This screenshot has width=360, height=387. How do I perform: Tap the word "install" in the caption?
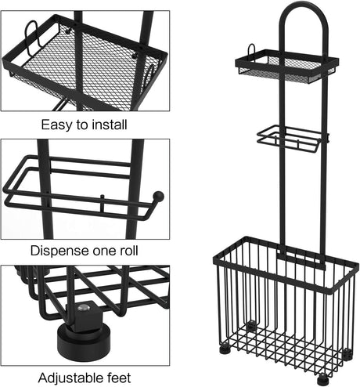110,125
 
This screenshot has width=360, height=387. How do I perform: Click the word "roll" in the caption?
128,251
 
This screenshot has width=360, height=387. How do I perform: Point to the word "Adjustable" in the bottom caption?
70,378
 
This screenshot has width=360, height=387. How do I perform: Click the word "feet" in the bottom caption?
119,378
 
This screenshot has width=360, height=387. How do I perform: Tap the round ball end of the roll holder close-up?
158,196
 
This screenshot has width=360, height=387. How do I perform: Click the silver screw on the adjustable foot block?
85,308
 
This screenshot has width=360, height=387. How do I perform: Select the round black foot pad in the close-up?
81,335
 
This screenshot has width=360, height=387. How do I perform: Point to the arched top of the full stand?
304,16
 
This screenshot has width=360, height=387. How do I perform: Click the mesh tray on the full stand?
287,65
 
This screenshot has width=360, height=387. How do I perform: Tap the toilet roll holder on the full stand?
292,139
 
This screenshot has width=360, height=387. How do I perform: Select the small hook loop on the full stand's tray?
251,49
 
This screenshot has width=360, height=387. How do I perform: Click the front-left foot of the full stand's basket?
225,349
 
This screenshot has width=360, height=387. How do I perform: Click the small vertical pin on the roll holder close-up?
102,203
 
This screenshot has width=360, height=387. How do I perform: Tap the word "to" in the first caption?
83,125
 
